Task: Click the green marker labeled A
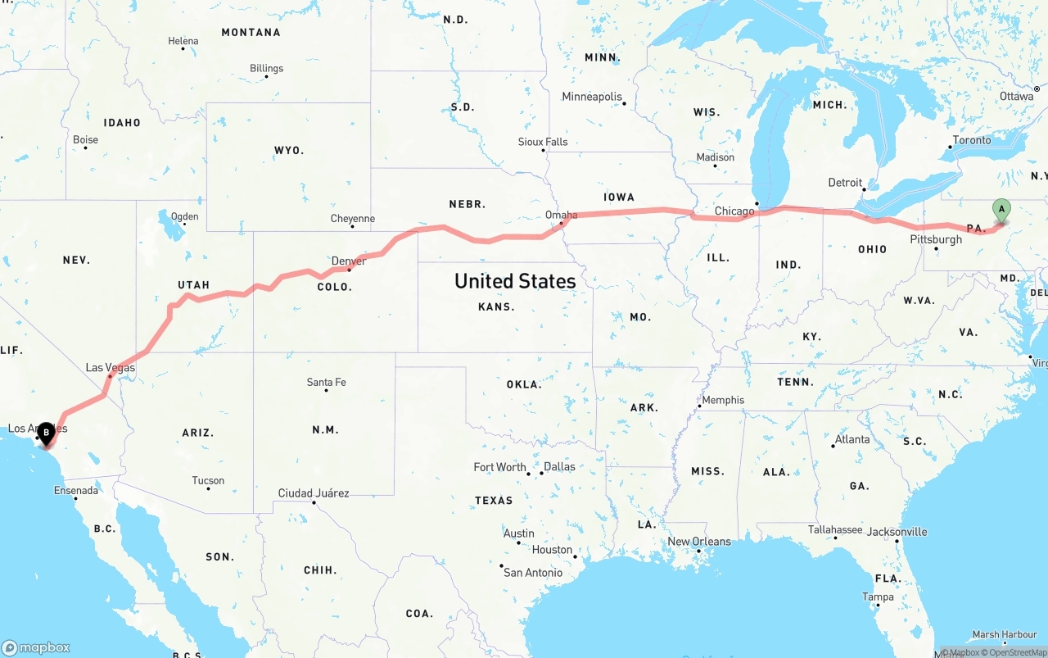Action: coord(1001,210)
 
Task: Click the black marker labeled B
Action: coord(46,432)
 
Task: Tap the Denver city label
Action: coord(349,261)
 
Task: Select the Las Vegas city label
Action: coord(111,368)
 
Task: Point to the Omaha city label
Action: coord(562,216)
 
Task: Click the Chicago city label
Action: coord(734,211)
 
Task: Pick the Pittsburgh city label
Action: coord(936,239)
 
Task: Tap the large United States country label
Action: coord(515,281)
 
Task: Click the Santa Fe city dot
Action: coord(327,390)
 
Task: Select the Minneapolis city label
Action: coord(592,97)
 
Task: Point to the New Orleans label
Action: coord(699,542)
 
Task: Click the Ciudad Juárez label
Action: coord(314,493)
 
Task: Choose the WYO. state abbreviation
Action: coord(289,151)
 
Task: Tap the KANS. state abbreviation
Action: coord(497,306)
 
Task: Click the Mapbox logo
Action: coord(37,647)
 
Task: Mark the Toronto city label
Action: coord(972,140)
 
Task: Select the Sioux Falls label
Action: coord(543,142)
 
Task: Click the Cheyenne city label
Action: coord(353,219)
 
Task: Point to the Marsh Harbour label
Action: coord(1005,635)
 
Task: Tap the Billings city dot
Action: coord(267,77)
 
